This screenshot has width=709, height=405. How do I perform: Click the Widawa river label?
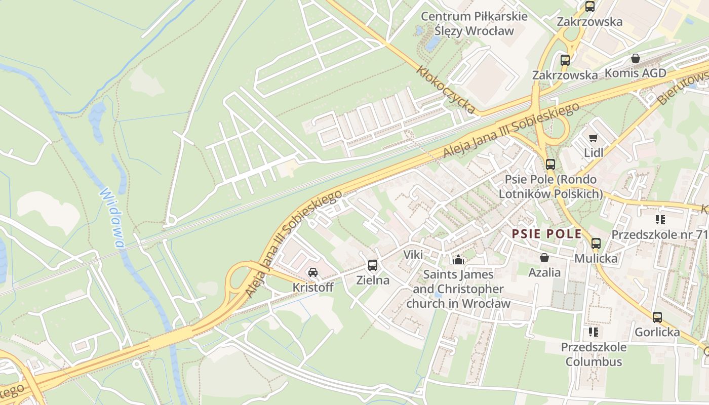[112, 218]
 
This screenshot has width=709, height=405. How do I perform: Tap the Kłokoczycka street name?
[446, 89]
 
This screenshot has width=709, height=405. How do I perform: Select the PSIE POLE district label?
[546, 234]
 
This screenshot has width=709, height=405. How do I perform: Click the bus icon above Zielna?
[373, 265]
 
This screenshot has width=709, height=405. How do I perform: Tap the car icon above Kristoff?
[313, 272]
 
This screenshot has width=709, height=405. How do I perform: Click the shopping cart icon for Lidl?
[593, 138]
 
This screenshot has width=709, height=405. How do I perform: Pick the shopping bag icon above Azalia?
[544, 258]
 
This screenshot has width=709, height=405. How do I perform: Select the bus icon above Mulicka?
[596, 244]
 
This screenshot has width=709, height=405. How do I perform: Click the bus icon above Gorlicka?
[657, 317]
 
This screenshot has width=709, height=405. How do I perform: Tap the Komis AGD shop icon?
[636, 58]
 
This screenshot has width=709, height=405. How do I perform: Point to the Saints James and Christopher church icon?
[458, 260]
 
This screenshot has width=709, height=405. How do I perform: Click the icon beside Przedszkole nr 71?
[660, 220]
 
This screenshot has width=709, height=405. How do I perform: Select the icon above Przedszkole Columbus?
[593, 332]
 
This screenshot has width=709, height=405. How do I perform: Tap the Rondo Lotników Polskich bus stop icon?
[550, 165]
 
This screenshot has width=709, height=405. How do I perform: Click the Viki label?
[413, 255]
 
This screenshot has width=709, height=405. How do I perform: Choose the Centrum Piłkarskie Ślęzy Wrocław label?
[475, 23]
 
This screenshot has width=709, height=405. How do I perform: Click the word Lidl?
[594, 153]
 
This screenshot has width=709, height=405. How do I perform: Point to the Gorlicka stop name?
[657, 332]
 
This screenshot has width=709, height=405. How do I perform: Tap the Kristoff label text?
[313, 288]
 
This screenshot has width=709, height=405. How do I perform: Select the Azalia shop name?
[544, 273]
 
